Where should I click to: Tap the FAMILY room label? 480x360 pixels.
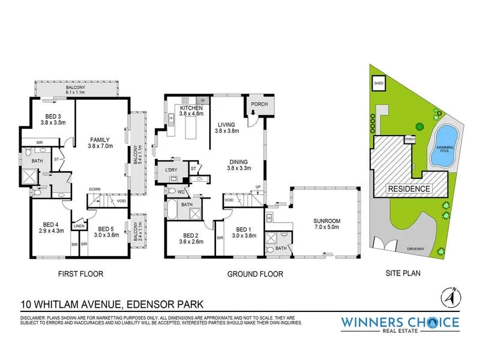[x=100, y=139]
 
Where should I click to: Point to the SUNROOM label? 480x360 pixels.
[x=327, y=221]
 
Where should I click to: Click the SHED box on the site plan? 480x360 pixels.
[x=379, y=82]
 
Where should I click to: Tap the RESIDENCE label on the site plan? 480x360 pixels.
[x=410, y=188]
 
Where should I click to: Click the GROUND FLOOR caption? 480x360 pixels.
[x=255, y=274]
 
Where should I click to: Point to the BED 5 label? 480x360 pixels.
[x=106, y=229]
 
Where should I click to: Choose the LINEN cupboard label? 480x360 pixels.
[x=79, y=226]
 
